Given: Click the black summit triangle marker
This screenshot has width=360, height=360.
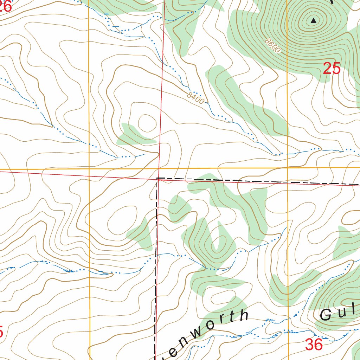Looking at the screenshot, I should pos(313,21).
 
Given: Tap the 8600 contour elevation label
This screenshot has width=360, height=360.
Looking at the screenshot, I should pos(273,46).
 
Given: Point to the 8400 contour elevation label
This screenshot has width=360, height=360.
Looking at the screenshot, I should pos(195,98).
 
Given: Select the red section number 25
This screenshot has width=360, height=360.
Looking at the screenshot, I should pos(332,69).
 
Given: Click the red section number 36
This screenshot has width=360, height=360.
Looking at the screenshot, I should pos(314,345).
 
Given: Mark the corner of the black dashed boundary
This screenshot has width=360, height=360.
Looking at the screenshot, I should pos(157,179).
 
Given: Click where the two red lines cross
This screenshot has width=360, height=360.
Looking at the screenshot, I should pos(159,178).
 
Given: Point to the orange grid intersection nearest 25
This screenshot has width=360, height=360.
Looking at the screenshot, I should pos(288,168).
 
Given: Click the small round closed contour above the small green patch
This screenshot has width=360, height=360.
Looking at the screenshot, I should pos(147,123).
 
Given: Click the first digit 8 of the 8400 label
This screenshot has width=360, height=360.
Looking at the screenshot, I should pos(190,95).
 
